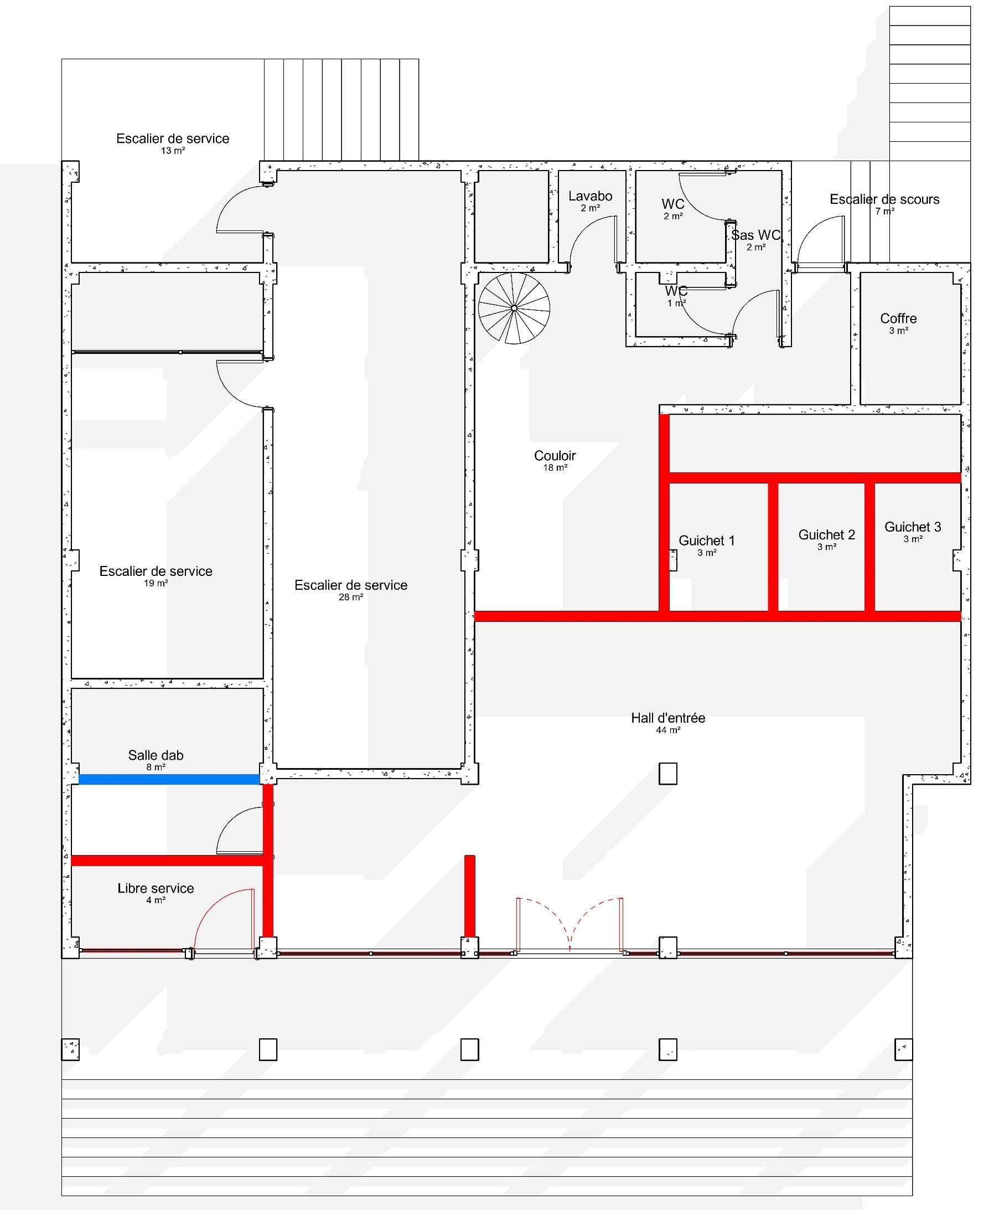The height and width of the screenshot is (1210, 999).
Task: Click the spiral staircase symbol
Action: point(514,308)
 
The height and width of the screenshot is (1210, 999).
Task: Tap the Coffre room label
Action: point(898,318)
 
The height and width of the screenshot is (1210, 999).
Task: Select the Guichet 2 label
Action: point(826,535)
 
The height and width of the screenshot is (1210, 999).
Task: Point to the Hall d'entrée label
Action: point(667,718)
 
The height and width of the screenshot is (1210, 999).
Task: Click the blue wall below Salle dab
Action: point(169,779)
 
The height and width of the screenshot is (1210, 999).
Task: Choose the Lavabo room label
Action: point(590,195)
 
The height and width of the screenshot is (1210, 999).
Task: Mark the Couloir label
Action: point(555,455)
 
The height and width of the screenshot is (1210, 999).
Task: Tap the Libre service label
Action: point(156,888)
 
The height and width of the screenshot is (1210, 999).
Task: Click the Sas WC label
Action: point(755,235)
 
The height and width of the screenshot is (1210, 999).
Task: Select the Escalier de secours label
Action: point(884,199)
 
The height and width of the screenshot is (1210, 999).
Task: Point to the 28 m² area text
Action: point(350,597)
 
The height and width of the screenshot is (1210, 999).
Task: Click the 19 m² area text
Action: point(156,583)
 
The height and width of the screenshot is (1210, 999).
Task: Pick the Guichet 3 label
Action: point(913,527)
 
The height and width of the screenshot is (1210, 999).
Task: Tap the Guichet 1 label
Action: point(707,540)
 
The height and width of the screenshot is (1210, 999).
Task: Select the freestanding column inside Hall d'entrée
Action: point(667,774)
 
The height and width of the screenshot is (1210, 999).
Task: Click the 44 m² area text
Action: point(667,730)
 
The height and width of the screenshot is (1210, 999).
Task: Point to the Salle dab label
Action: point(156,755)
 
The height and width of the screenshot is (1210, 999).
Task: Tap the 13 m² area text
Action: point(173,151)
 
